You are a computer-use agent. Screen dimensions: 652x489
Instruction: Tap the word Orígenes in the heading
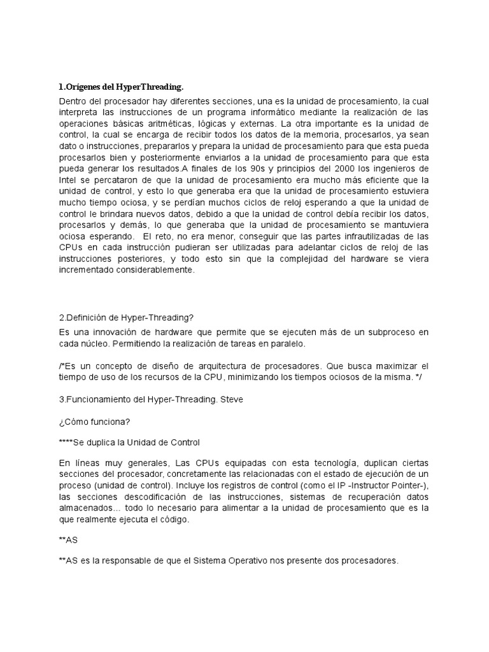click(82, 87)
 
